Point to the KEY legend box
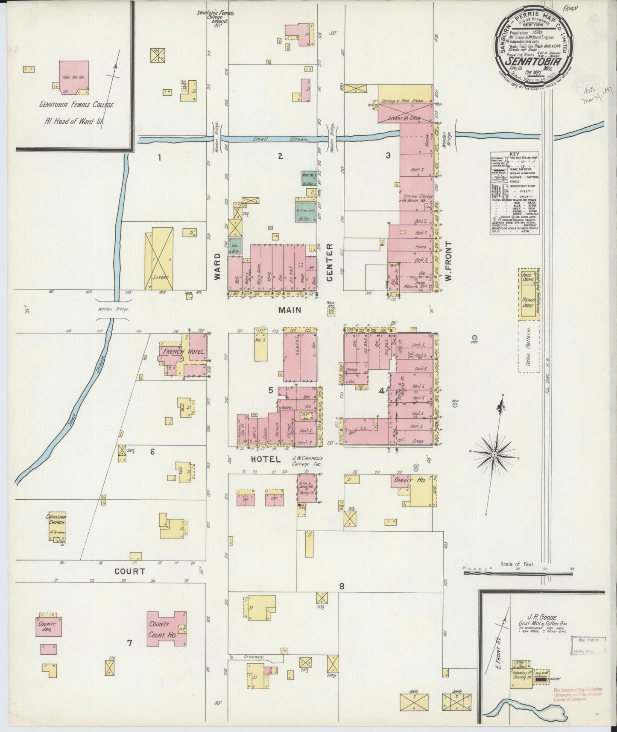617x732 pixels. (515, 193)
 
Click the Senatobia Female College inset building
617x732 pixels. (74, 77)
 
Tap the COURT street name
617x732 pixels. (129, 571)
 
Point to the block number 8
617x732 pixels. (342, 586)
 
